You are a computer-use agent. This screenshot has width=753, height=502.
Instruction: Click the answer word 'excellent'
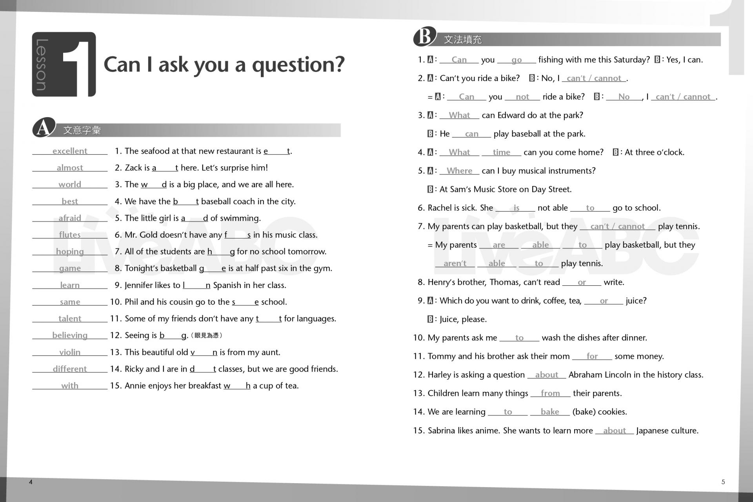point(70,151)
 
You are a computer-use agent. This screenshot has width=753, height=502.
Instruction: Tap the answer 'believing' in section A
point(70,335)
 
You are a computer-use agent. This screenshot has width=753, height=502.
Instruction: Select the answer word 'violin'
point(70,352)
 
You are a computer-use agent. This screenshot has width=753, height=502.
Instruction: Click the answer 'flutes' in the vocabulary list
point(70,235)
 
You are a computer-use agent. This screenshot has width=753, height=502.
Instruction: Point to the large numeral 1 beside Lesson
point(78,65)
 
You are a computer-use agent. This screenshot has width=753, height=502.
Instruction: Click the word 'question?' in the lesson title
point(298,65)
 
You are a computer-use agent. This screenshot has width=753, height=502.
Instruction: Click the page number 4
point(31,482)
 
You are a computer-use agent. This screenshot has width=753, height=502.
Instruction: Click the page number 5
point(723,482)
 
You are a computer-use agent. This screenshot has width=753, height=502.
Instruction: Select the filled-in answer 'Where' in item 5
point(459,171)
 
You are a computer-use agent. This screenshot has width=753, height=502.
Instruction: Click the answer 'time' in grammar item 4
point(501,152)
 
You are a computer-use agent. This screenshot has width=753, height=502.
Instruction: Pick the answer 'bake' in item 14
point(549,412)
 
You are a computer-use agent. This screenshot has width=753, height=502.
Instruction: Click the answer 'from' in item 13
point(550,393)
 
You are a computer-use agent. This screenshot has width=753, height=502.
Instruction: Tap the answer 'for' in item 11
point(592,356)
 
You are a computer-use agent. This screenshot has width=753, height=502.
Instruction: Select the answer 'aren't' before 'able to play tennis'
point(455,264)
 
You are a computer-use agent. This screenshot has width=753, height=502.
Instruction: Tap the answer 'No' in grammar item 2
point(624,97)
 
